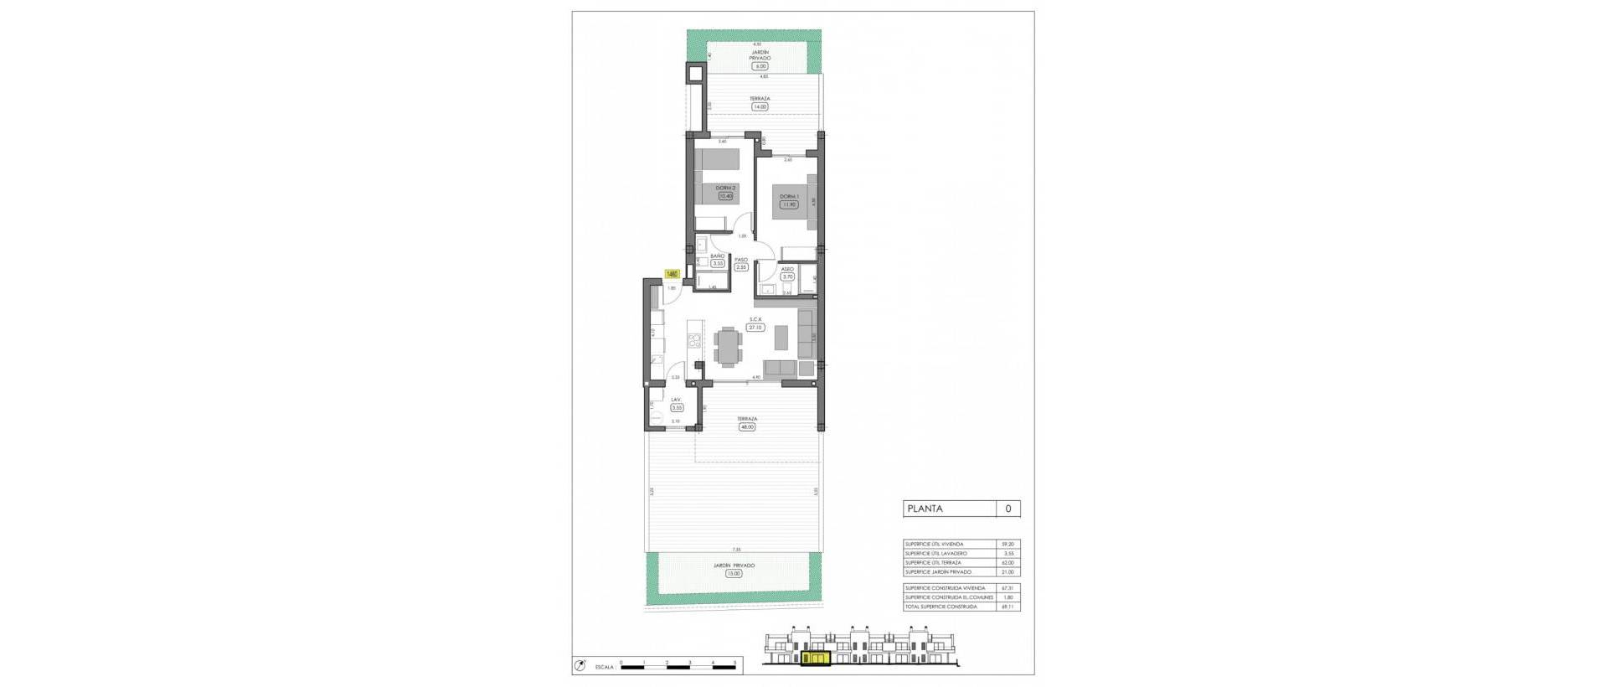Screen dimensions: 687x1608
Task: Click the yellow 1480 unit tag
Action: click(x=672, y=273)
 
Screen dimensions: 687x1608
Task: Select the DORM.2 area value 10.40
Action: click(x=724, y=196)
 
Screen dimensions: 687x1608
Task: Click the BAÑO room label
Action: click(x=718, y=255)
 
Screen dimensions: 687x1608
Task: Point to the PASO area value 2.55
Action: click(x=741, y=267)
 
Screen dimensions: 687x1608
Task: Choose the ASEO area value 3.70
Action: click(x=787, y=276)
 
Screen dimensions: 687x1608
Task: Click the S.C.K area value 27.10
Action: click(x=755, y=327)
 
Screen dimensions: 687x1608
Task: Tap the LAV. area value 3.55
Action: click(x=677, y=407)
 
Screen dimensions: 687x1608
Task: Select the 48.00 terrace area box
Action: click(x=746, y=426)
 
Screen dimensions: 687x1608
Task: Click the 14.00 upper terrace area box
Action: click(x=760, y=106)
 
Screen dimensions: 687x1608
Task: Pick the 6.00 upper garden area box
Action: click(x=760, y=65)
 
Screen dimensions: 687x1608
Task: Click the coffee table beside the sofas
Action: click(x=781, y=337)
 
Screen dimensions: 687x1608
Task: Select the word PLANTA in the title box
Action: click(x=925, y=509)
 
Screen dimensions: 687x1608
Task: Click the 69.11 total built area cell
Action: click(x=1008, y=607)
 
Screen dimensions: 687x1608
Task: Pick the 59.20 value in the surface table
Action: click(x=1008, y=545)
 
